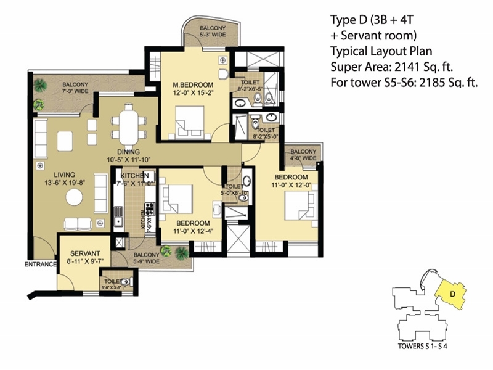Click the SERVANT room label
click(81, 253)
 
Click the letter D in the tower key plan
click(452, 294)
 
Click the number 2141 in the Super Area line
click(411, 67)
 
